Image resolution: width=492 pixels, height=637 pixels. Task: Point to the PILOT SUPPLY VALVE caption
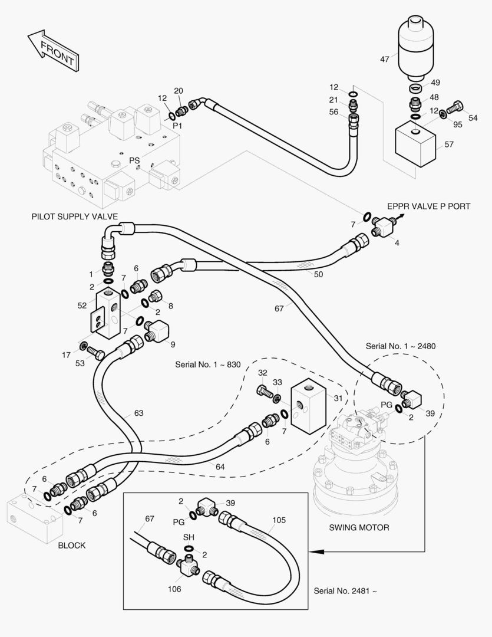click(75, 216)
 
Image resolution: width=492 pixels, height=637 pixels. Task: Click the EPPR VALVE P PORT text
click(428, 206)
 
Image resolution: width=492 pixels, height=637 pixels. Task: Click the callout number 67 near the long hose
click(279, 308)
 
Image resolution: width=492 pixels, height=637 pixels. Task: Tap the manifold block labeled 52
click(105, 312)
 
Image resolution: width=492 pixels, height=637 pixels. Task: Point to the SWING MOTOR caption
click(359, 527)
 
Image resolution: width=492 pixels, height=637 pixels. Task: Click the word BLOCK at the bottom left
click(71, 546)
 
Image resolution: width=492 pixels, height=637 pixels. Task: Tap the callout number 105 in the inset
click(279, 520)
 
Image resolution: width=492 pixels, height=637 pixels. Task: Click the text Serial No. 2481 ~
click(345, 590)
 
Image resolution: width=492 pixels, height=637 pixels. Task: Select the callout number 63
click(138, 413)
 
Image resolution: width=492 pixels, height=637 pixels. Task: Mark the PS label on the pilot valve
click(134, 160)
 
